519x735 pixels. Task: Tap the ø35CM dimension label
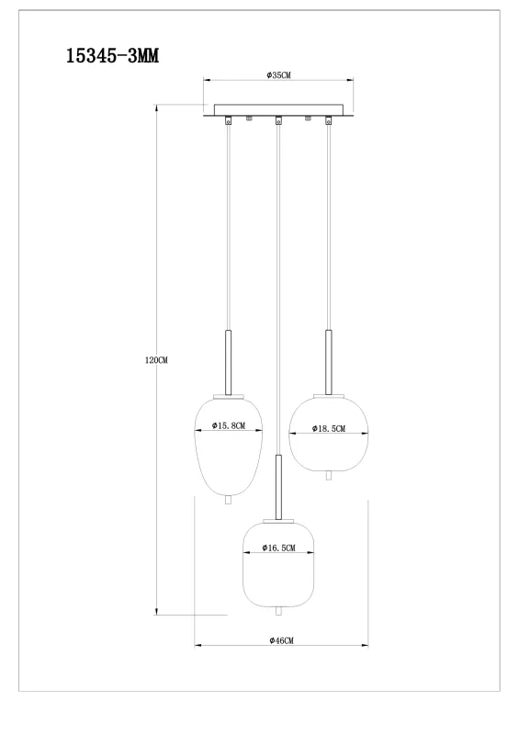click(277, 75)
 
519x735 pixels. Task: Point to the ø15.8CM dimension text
click(229, 426)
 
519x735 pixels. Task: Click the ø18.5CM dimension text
click(328, 428)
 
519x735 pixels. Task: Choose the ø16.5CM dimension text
click(277, 548)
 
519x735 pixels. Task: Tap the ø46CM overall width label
click(281, 640)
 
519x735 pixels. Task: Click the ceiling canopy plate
click(278, 110)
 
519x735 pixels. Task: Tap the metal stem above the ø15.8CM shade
click(229, 362)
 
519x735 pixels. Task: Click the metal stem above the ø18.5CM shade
click(328, 362)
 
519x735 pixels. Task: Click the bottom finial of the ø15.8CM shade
click(229, 500)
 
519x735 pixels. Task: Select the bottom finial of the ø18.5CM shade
click(328, 474)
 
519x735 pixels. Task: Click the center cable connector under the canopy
click(277, 120)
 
